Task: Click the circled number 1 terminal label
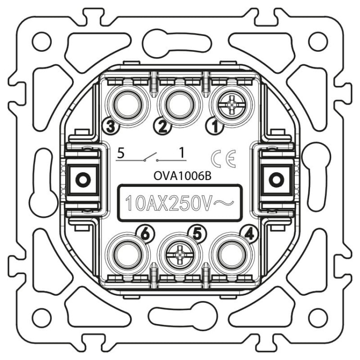(x=215, y=127)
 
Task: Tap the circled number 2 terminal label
(x=163, y=127)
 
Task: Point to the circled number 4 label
(x=250, y=234)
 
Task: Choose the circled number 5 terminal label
(x=198, y=234)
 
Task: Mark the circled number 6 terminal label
(x=145, y=234)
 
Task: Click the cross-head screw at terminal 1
(x=231, y=105)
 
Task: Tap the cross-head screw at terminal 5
(x=179, y=255)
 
